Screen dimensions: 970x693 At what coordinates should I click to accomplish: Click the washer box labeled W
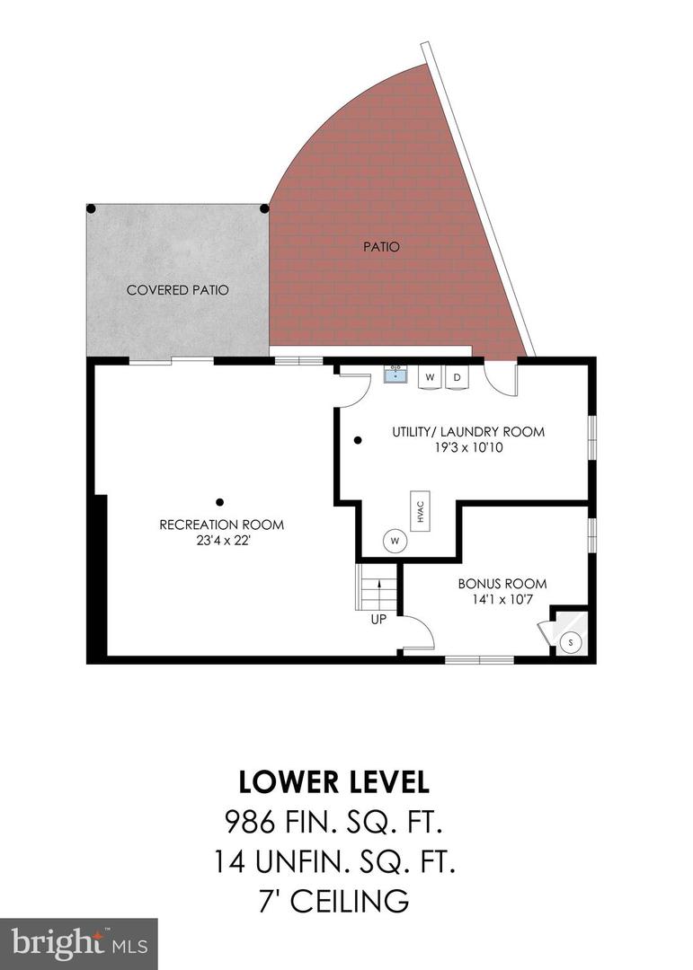click(x=430, y=377)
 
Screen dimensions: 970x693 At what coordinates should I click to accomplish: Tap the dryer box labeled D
click(x=457, y=377)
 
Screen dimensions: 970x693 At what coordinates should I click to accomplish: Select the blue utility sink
click(x=395, y=375)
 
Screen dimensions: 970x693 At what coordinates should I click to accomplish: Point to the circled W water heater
click(x=394, y=541)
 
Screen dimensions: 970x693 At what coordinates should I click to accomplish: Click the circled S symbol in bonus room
click(x=570, y=642)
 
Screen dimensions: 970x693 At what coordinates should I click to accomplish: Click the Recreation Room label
click(x=221, y=525)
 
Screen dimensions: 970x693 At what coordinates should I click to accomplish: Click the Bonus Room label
click(x=502, y=584)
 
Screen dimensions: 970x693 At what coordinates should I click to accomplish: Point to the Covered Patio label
click(x=177, y=290)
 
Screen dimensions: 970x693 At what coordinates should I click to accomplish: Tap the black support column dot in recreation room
click(x=219, y=502)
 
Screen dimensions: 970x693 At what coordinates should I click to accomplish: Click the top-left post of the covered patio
click(x=91, y=209)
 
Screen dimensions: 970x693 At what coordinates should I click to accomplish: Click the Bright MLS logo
click(x=78, y=943)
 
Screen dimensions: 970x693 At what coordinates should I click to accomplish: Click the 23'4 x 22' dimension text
click(x=221, y=541)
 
